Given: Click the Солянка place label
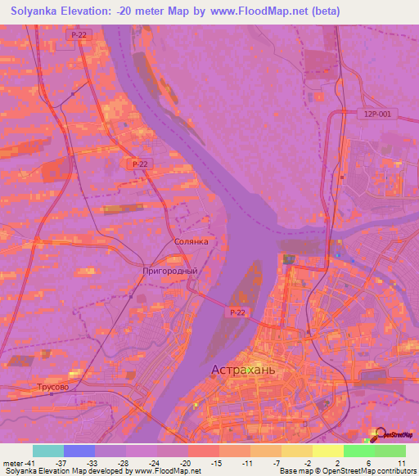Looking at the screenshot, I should (x=191, y=242).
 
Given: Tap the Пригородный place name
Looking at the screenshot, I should (x=170, y=271).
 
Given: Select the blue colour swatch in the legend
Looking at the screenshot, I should (x=79, y=451).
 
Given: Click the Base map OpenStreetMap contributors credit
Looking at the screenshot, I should (x=347, y=471).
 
